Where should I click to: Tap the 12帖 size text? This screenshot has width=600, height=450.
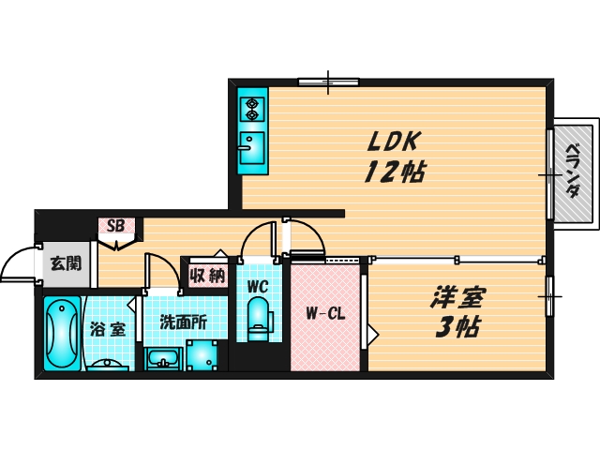394,172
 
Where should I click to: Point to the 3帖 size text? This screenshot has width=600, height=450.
457,327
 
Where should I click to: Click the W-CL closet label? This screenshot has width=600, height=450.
324,314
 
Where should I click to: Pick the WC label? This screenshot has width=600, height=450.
258,286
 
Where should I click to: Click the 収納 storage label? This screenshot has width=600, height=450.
206,276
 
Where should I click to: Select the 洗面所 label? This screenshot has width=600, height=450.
183,322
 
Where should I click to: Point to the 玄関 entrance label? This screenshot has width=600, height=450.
65,262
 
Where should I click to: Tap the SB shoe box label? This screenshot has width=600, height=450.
116,226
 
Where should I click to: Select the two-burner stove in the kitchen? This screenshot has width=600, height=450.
252,108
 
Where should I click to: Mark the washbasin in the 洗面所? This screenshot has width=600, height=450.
164,359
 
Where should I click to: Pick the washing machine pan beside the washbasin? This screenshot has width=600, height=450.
203,354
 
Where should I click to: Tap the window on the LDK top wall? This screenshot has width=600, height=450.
329,82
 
